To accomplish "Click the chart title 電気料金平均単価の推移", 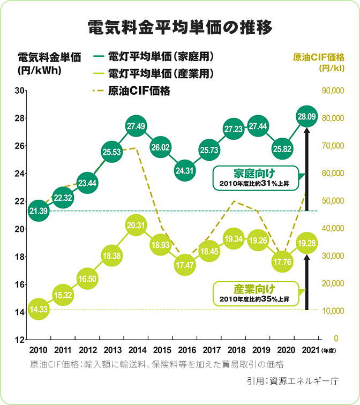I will (x=179, y=27).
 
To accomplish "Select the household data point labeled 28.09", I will (x=306, y=116).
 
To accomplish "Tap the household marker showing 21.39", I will (x=39, y=211).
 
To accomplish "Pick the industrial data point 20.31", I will (x=136, y=226).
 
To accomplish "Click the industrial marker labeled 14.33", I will (x=39, y=309).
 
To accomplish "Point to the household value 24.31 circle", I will (x=185, y=170).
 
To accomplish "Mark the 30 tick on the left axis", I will (x=22, y=91).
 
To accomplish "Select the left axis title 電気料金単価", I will (x=49, y=57).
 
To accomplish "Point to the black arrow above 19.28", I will (x=306, y=281).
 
